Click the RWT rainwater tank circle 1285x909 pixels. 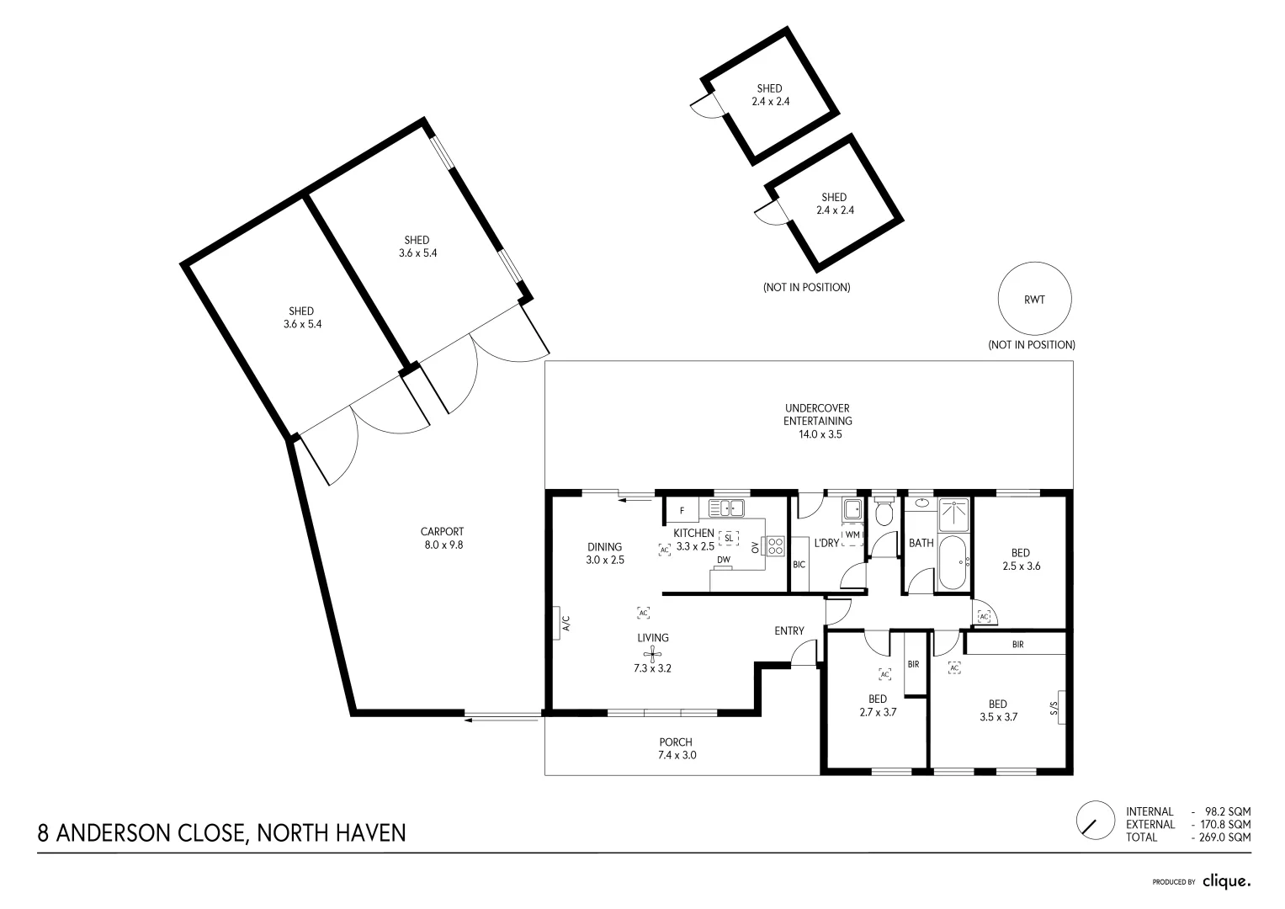pos(1034,300)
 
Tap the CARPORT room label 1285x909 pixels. pos(442,532)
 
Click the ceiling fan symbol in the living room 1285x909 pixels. pos(652,655)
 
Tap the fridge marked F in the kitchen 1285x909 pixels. pos(682,510)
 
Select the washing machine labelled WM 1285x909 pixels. pos(852,534)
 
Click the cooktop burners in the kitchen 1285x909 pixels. pos(775,545)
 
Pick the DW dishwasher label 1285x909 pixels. pos(723,560)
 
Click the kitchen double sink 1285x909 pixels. pos(726,508)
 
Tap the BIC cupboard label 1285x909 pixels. pos(799,564)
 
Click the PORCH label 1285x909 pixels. pos(676,742)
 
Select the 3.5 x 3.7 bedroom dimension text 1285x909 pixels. pos(999,718)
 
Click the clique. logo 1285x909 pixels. pos(1226,881)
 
